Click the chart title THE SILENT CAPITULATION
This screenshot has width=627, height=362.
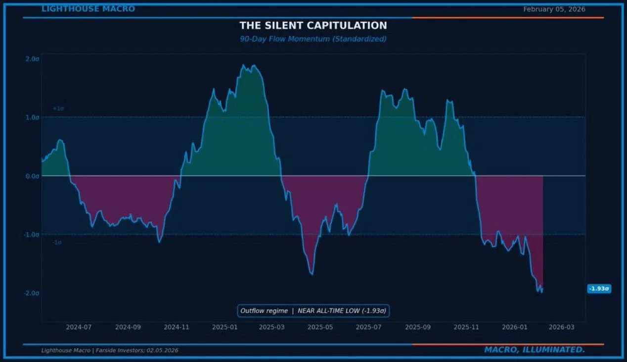(x=313, y=25)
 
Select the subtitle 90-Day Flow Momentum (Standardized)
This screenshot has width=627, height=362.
(x=313, y=39)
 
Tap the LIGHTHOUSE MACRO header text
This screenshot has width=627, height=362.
(x=88, y=9)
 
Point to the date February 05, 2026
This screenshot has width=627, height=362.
(x=554, y=9)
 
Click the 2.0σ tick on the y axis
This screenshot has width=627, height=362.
(x=32, y=59)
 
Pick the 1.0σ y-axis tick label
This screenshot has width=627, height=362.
(x=32, y=117)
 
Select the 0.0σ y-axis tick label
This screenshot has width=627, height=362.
(x=32, y=176)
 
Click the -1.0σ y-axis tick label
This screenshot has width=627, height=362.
(x=31, y=234)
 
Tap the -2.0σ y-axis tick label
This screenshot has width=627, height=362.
(x=31, y=293)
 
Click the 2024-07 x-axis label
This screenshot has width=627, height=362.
(x=79, y=327)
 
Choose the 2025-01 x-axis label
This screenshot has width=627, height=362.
(x=225, y=327)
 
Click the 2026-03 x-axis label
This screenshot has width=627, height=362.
(x=562, y=327)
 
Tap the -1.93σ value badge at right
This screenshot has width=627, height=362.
(x=599, y=289)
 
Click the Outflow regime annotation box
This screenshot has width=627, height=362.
(x=313, y=311)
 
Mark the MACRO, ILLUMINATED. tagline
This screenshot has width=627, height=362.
(x=534, y=350)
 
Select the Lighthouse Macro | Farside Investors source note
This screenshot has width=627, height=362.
(x=110, y=351)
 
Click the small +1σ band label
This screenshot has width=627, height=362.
(x=58, y=108)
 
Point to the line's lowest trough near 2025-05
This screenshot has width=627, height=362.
(x=312, y=274)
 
